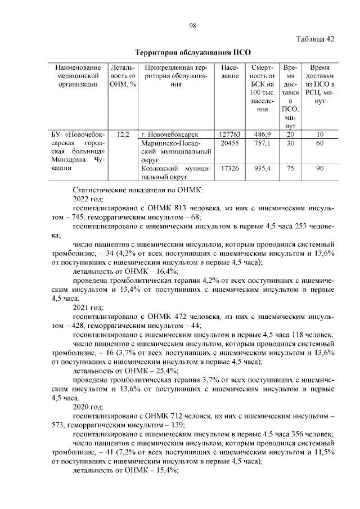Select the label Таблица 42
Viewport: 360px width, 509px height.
pyautogui.click(x=315, y=39)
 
